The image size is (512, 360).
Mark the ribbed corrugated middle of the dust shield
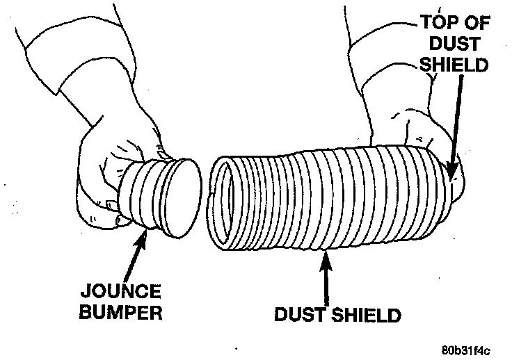click(x=327, y=202)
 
